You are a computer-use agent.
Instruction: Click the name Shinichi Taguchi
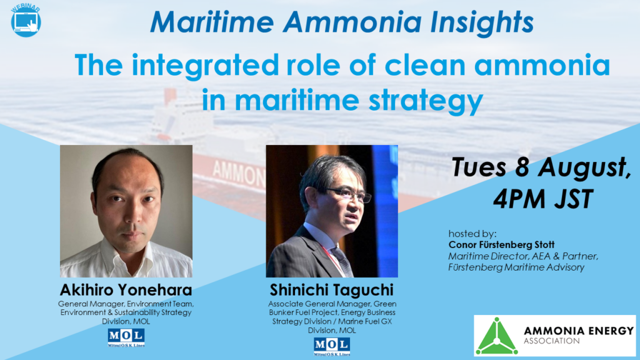pos(332,292)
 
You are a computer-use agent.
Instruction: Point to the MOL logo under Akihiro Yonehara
pos(126,337)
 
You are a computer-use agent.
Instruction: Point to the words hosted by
pos(470,233)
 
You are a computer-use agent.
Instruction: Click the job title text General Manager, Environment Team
pos(126,304)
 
